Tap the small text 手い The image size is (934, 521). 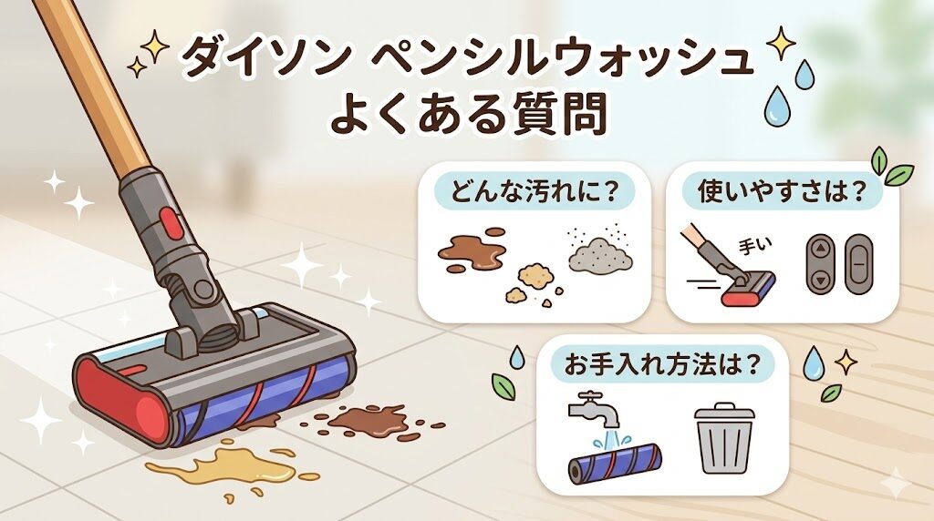(x=750, y=245)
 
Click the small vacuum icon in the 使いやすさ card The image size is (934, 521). (x=739, y=278)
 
